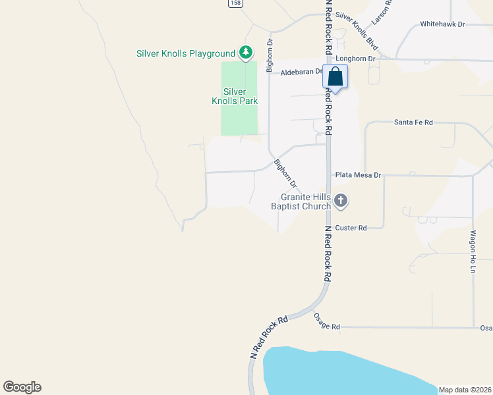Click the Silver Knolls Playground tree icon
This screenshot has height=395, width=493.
[x=246, y=52]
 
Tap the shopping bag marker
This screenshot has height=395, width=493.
[x=335, y=77]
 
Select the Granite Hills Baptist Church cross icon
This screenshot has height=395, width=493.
[x=340, y=200]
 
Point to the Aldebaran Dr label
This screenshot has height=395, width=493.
[x=301, y=72]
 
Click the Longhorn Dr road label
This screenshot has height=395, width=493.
[x=355, y=59]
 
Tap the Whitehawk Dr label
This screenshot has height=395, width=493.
[x=442, y=24]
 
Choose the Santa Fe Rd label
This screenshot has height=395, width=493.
[x=413, y=122]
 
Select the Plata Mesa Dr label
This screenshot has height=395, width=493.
[x=359, y=175]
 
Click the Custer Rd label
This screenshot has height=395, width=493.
[x=351, y=228]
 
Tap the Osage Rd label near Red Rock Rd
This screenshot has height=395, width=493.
[x=326, y=327]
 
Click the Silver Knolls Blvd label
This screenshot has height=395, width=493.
[x=357, y=30]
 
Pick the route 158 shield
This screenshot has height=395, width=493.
[x=235, y=3]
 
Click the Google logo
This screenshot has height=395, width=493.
[x=22, y=387]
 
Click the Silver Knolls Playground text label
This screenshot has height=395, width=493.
[x=186, y=53]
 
